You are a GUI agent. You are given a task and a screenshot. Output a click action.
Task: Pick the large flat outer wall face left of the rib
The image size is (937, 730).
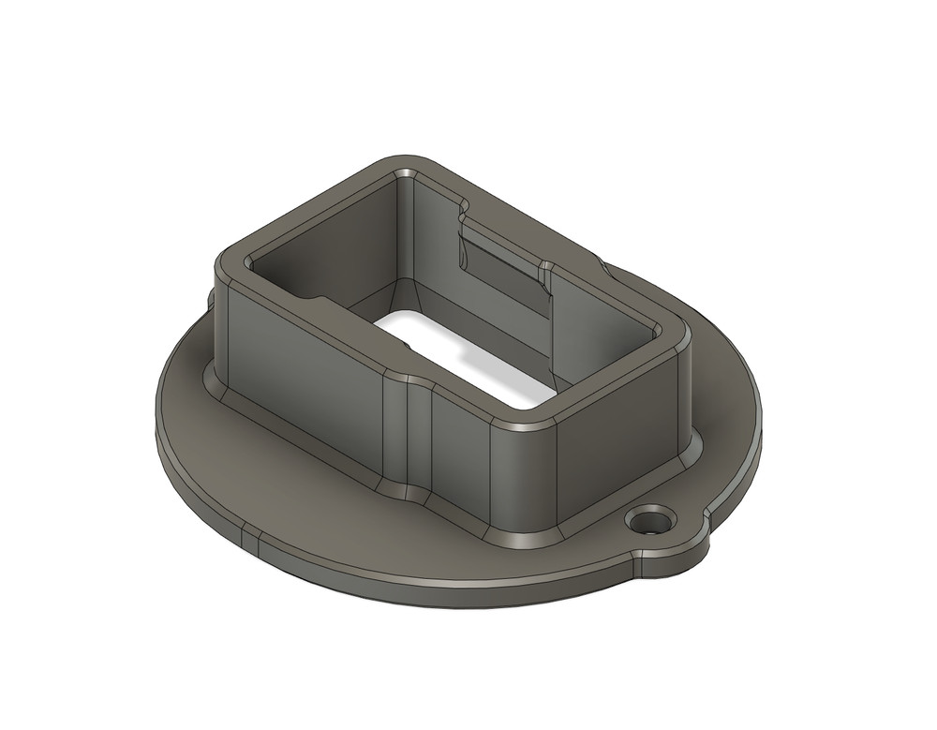300,375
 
